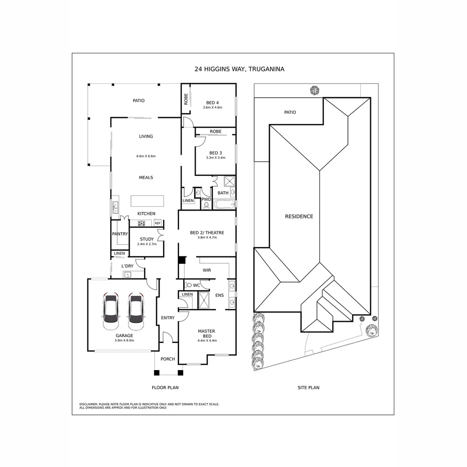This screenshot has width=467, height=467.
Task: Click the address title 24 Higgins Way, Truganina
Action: tap(239, 69)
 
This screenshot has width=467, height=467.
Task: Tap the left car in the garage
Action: tap(111, 310)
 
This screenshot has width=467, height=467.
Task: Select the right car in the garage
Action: tap(135, 310)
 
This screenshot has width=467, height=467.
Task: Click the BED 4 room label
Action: tap(212, 102)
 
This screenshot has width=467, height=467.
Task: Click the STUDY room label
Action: tap(147, 239)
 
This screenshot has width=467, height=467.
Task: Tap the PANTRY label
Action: tap(120, 234)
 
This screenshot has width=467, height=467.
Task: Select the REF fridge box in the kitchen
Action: tap(157, 223)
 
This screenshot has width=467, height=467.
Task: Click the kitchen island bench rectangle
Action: tap(148, 201)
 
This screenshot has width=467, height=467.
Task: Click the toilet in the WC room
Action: tap(188, 285)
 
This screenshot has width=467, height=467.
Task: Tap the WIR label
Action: tap(207, 271)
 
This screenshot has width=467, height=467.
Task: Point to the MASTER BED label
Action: tap(207, 334)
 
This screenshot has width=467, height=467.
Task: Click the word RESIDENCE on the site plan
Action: tap(299, 216)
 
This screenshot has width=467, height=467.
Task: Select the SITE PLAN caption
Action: tap(308, 388)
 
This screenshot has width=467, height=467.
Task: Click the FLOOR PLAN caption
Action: tap(165, 388)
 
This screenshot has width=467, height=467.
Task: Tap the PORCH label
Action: tap(168, 359)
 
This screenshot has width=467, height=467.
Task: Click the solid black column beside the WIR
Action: tap(182, 260)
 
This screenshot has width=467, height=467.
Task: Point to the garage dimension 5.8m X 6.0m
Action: tap(124, 340)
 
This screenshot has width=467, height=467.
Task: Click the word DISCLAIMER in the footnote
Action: tap(89, 404)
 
